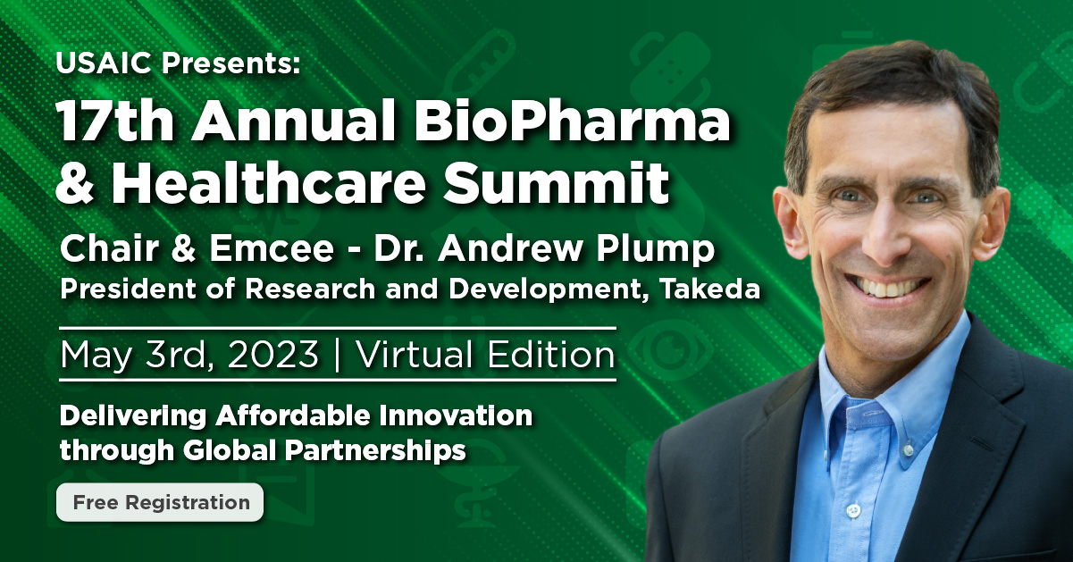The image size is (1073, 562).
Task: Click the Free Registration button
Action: click(160, 502)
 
